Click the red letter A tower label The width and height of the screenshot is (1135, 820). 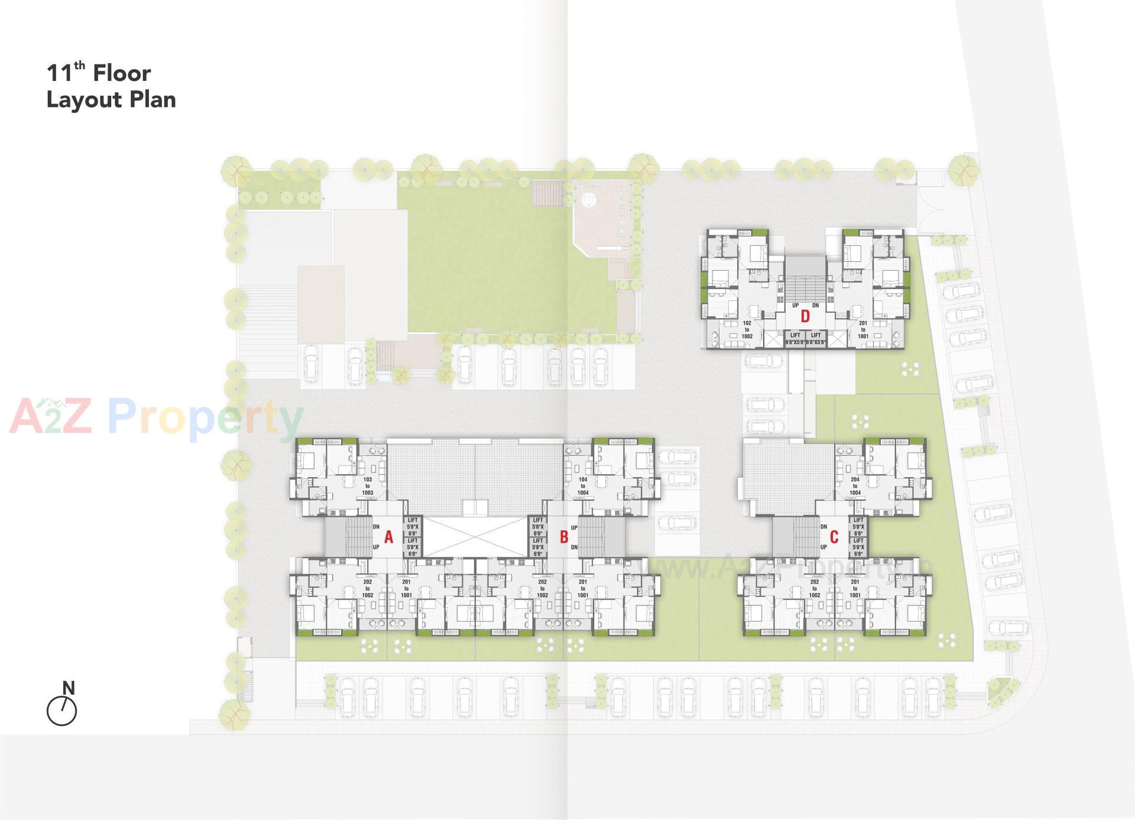coord(388,537)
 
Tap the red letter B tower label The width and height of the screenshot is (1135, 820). coord(564,537)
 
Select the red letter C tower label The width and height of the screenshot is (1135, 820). coord(834,537)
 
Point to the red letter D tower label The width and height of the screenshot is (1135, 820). coord(805,316)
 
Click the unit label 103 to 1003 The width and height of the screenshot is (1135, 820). coord(368,486)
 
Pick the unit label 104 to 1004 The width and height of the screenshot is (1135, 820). coord(583,486)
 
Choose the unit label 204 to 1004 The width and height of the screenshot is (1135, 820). coord(855,486)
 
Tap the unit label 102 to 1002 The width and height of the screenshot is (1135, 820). coord(747,330)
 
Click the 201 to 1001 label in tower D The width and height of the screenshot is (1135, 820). coord(863,330)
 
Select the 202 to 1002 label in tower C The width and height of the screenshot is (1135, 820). coord(815,588)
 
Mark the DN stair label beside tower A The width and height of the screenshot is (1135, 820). coord(376,526)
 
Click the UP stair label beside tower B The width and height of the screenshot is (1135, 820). coord(574,527)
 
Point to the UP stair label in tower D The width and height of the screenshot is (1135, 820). coord(796,306)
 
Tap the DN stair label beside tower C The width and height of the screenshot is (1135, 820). coord(823,526)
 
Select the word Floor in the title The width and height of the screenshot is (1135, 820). coord(122,73)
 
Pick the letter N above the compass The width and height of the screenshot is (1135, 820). coord(69,688)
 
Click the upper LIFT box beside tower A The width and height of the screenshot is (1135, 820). coord(413,526)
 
